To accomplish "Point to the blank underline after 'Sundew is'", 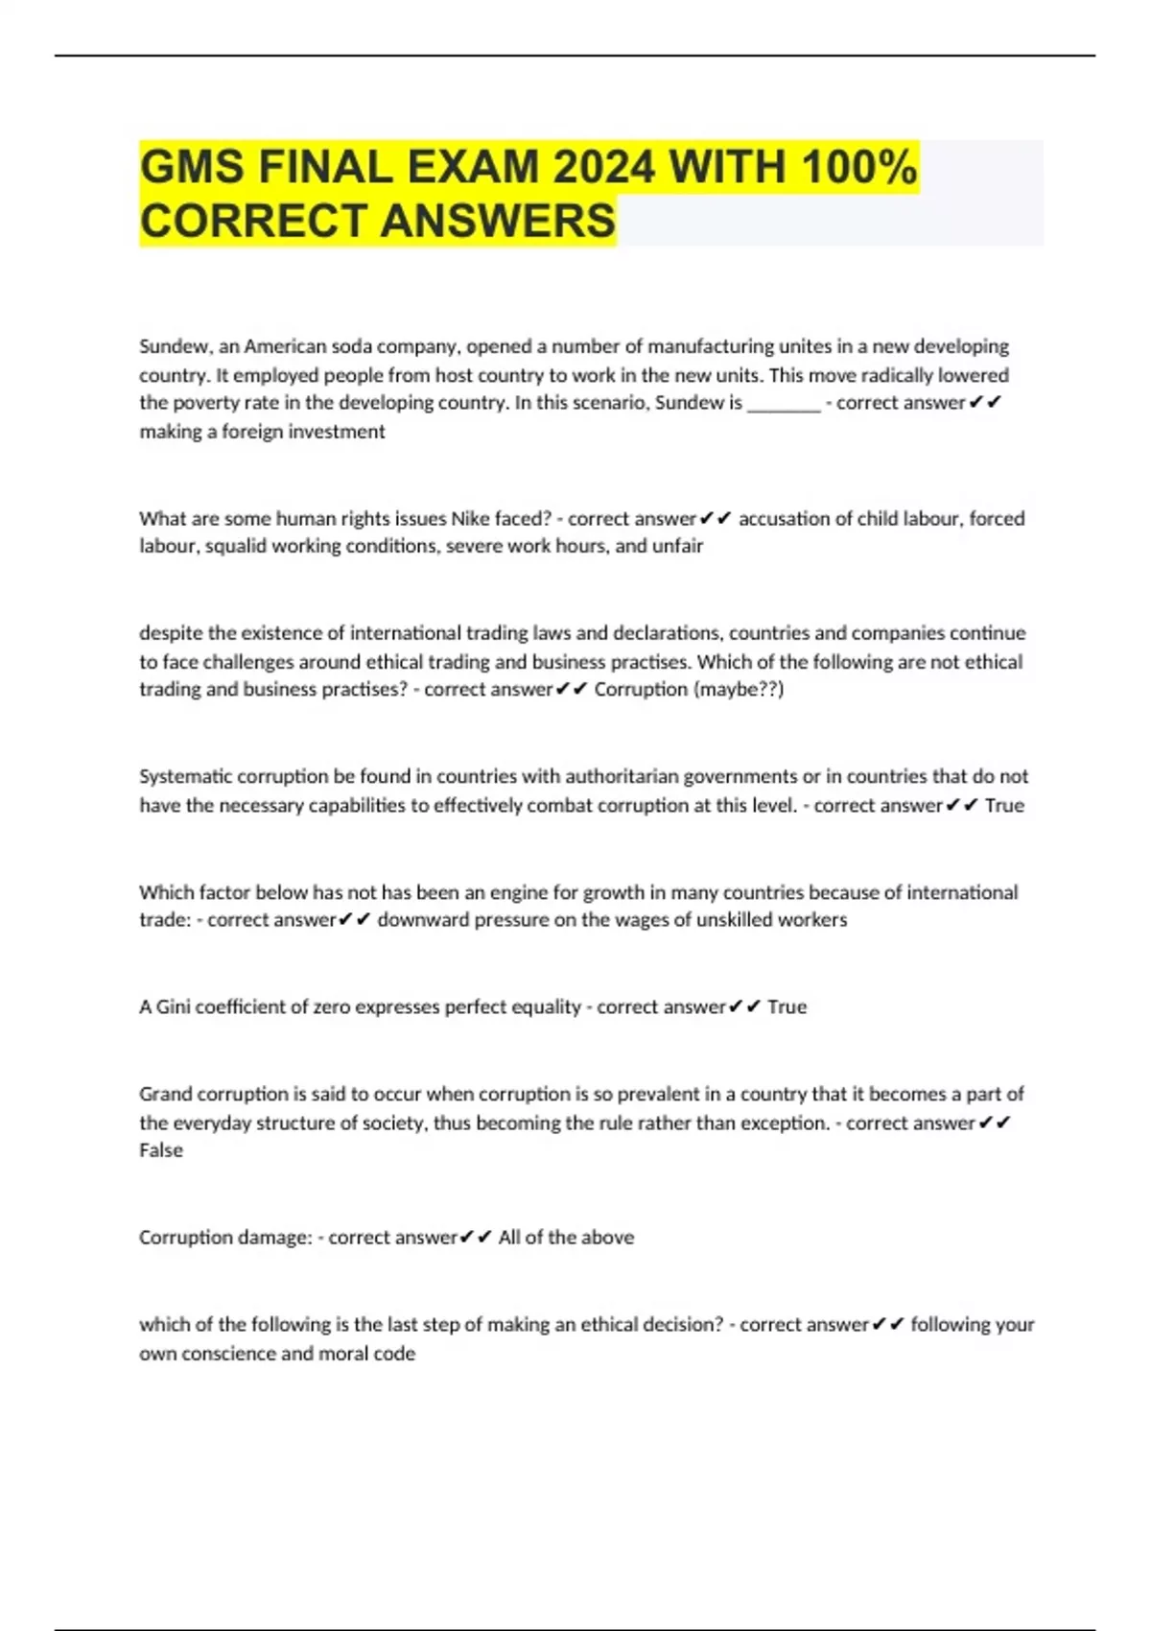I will point(784,404).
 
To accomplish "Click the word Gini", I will point(174,1007).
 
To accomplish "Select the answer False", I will point(161,1150).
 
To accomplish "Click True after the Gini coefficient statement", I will point(787,1007).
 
